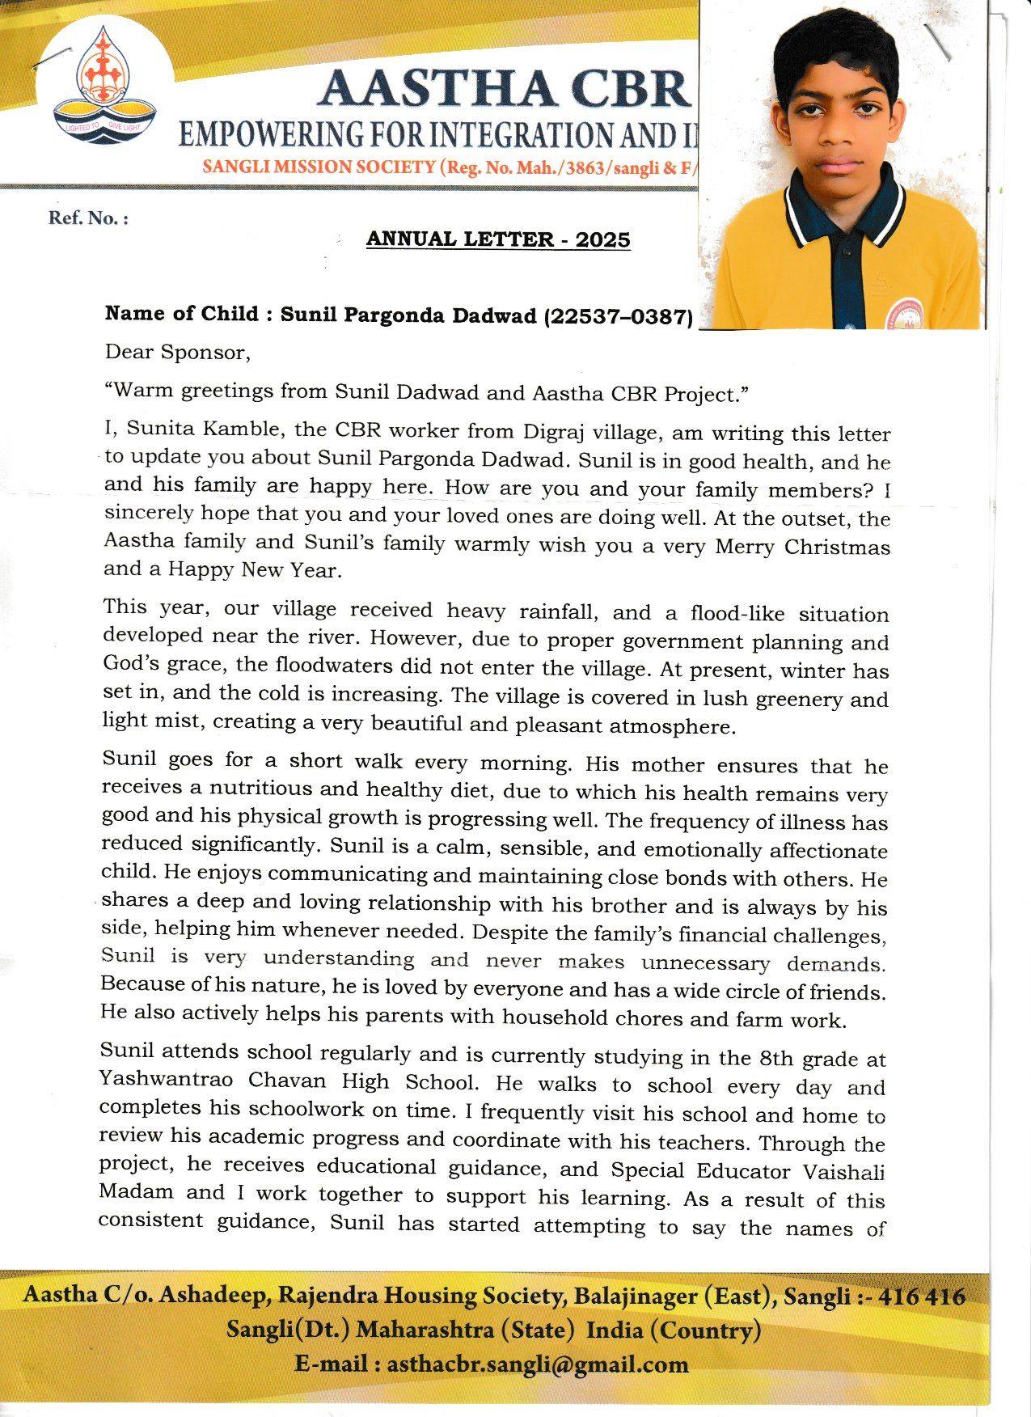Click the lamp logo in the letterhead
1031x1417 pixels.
pyautogui.click(x=104, y=85)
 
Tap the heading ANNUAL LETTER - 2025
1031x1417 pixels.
pyautogui.click(x=498, y=239)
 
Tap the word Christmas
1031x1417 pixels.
pyautogui.click(x=837, y=547)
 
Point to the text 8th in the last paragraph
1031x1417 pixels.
pyautogui.click(x=776, y=1058)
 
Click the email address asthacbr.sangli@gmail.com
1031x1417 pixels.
pyautogui.click(x=538, y=1364)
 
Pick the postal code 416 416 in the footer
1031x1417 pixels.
pyautogui.click(x=921, y=1296)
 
